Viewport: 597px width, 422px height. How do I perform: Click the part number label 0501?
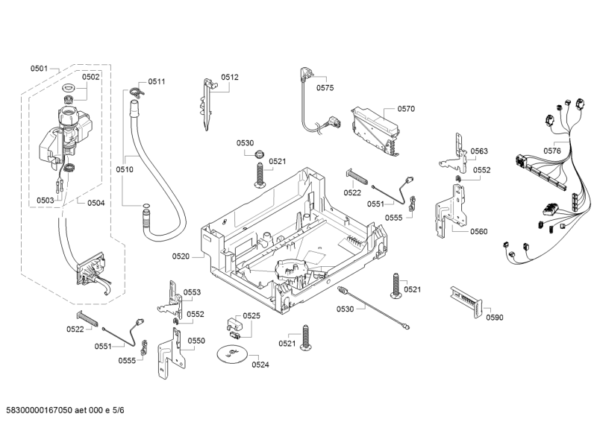click(x=39, y=69)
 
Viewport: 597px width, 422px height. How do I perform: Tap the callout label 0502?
click(x=91, y=77)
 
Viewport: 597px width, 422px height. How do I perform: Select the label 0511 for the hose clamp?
click(x=157, y=81)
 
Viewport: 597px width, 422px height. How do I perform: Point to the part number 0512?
click(x=230, y=78)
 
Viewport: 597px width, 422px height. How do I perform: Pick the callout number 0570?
click(x=406, y=109)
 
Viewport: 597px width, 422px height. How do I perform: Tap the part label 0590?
click(x=495, y=318)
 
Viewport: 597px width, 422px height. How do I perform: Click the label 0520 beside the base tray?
click(x=181, y=256)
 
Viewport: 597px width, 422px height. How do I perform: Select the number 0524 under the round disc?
click(x=260, y=365)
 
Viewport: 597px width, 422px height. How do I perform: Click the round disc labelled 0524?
click(x=234, y=356)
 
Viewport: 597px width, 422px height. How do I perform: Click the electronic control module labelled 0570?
click(x=374, y=129)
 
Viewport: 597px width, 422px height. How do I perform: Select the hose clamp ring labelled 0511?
click(x=134, y=92)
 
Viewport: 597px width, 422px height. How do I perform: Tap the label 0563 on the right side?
click(x=479, y=151)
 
